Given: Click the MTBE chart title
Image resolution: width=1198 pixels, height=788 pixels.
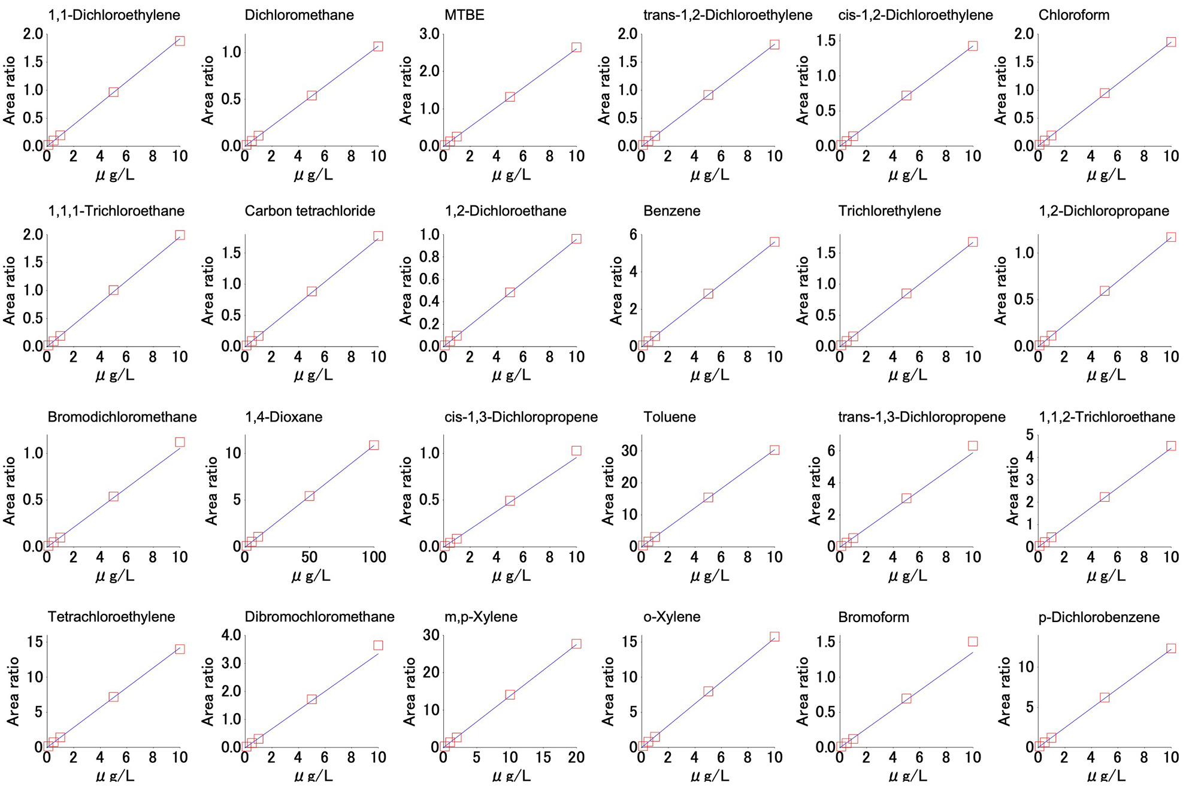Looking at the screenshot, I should click(464, 15).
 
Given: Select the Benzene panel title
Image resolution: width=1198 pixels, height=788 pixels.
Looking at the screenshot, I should click(671, 211).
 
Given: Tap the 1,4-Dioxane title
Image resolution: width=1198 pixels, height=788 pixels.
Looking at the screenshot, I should click(283, 417).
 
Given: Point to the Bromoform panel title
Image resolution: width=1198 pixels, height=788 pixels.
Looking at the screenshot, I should click(873, 617).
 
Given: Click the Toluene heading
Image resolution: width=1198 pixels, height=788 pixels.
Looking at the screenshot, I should click(670, 417).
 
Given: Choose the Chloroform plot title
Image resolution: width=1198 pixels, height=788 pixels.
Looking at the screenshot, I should click(1073, 15).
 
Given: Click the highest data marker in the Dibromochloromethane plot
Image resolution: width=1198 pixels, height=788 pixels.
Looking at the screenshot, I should click(378, 645).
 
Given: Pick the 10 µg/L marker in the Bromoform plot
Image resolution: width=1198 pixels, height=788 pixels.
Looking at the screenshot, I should click(973, 641).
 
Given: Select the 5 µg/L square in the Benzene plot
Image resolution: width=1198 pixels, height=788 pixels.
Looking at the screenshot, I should click(708, 293).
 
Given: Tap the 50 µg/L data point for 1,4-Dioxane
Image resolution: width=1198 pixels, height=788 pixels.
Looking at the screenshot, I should click(309, 496).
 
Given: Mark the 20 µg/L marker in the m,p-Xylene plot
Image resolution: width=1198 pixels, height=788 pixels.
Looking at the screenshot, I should click(576, 644).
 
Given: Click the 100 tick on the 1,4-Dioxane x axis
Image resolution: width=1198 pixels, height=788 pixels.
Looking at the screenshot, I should click(374, 557).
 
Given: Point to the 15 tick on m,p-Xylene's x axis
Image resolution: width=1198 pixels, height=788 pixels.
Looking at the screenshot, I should click(543, 757).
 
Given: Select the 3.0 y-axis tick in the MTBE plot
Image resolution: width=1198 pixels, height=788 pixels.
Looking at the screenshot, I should click(429, 34).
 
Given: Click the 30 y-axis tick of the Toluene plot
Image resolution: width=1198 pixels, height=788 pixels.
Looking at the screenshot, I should click(629, 450).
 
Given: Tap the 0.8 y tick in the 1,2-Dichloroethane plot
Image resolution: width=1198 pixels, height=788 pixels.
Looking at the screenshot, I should click(429, 257).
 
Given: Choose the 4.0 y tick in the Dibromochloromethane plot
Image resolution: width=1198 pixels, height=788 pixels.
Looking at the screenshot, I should click(231, 635).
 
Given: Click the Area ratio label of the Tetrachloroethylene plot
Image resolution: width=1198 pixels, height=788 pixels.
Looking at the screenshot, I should click(13, 692).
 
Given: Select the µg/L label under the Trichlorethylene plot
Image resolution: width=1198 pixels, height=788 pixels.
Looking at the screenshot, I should click(907, 375).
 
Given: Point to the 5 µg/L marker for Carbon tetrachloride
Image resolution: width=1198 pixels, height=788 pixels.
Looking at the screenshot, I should click(311, 292).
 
